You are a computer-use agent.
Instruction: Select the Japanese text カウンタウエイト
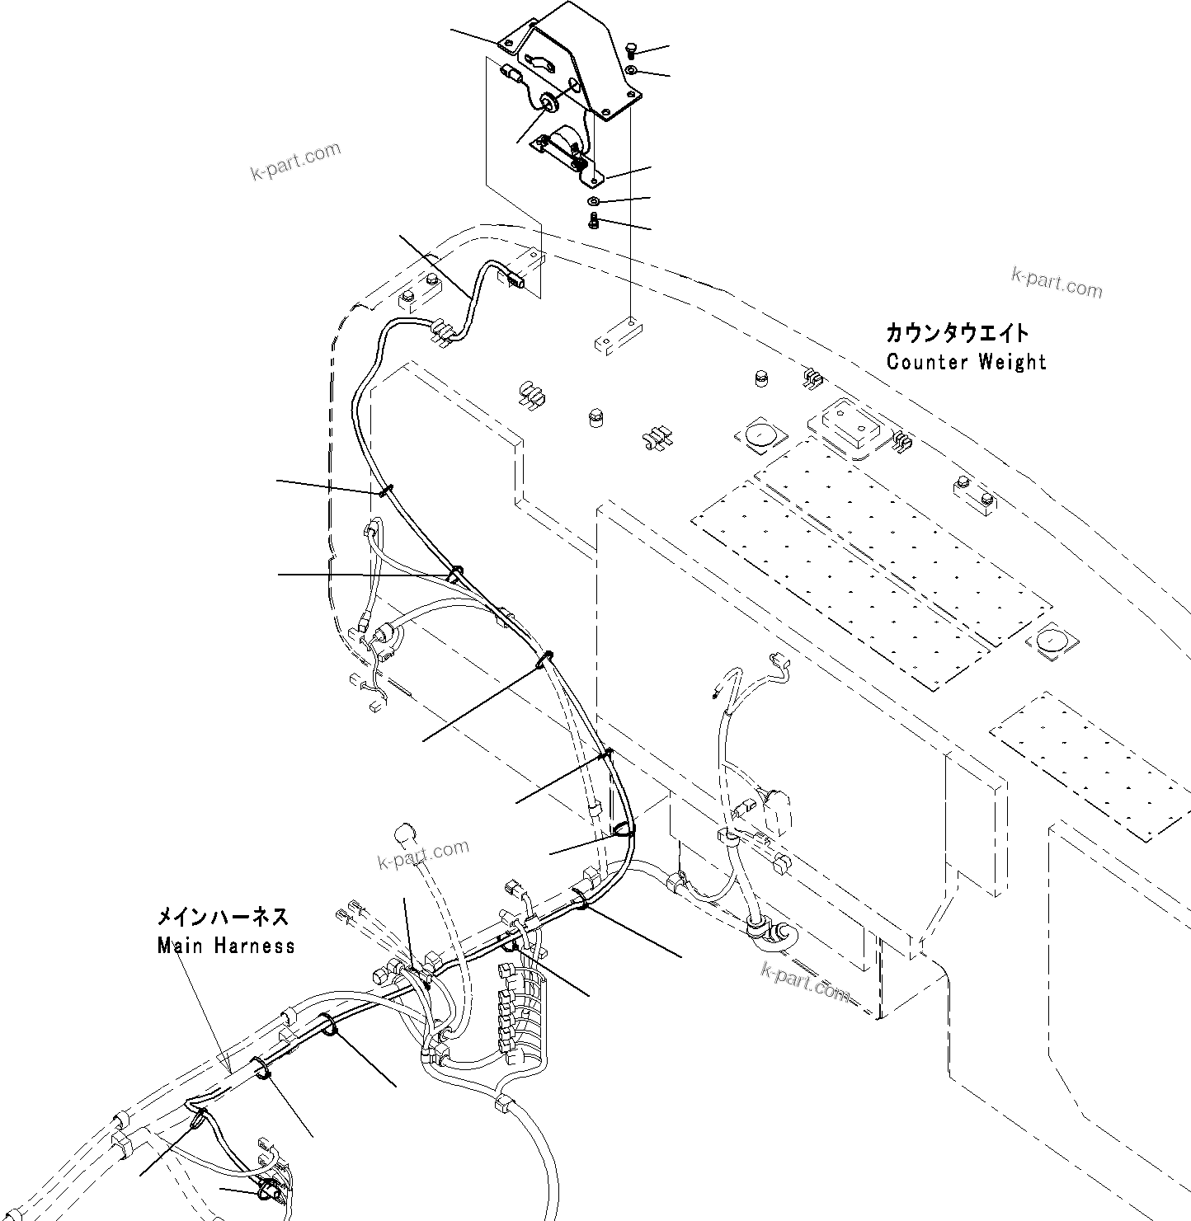click(x=957, y=333)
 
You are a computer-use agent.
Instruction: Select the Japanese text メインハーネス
click(x=223, y=918)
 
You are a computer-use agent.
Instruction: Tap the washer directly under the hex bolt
click(x=631, y=69)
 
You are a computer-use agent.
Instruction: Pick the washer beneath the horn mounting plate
click(x=594, y=201)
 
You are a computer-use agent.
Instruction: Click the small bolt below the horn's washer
click(x=594, y=221)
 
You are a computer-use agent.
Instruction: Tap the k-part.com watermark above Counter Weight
click(x=1057, y=283)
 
